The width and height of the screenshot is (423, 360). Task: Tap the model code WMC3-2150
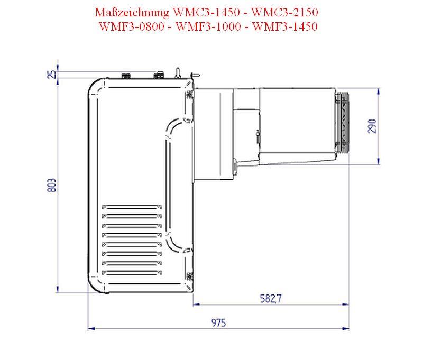(288, 12)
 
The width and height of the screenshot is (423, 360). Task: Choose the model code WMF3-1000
(208, 27)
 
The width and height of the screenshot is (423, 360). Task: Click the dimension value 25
(51, 74)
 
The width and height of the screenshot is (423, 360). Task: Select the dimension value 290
(372, 126)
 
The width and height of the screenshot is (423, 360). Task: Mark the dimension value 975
(217, 322)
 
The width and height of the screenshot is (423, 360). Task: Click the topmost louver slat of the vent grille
(130, 207)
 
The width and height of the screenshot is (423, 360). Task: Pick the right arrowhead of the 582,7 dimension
(346, 304)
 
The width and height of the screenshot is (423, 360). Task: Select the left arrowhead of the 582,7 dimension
(196, 304)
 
